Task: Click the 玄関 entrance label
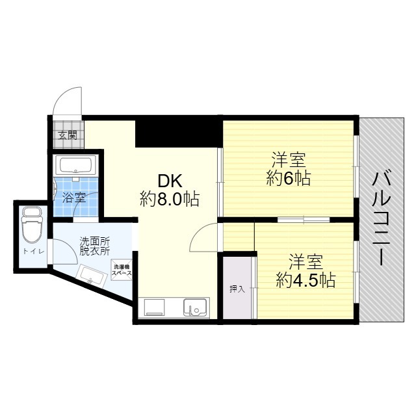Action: tap(67, 136)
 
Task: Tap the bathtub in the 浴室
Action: tap(75, 165)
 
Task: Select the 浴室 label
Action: tap(73, 195)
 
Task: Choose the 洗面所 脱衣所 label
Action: tap(95, 244)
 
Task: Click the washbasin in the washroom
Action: tap(91, 276)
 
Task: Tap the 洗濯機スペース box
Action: tap(122, 270)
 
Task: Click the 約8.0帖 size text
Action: tap(170, 199)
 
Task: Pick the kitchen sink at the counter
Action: tap(194, 306)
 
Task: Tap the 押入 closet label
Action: tap(237, 288)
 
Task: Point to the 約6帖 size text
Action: tap(289, 178)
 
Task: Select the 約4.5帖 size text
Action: tap(305, 280)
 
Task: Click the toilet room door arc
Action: tap(62, 250)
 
